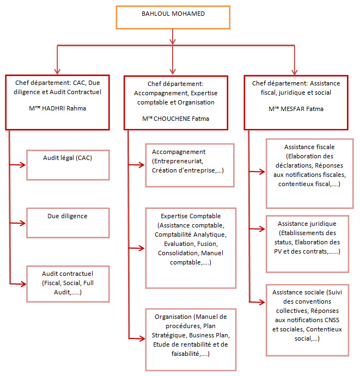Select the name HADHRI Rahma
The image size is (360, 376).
tap(64, 108)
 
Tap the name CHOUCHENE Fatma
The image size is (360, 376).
tap(181, 119)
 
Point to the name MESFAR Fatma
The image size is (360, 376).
tap(302, 109)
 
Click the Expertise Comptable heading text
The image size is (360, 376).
tap(191, 216)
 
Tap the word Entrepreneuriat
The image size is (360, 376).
tap(179, 161)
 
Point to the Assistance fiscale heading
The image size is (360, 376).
tap(309, 147)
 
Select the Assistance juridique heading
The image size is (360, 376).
tap(307, 224)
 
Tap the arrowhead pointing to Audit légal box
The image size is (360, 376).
tap(23, 165)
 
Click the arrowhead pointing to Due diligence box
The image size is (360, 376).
tap(23, 223)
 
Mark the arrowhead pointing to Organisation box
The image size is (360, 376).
tap(142, 338)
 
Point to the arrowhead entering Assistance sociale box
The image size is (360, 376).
tap(262, 302)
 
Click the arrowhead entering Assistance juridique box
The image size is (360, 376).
tap(262, 229)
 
